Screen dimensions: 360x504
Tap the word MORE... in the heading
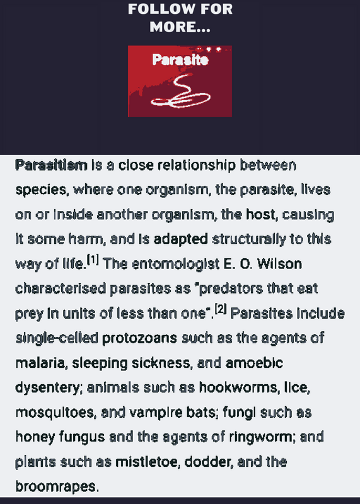(180, 26)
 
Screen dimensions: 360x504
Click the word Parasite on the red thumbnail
(180, 60)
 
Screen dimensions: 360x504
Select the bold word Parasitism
(51, 165)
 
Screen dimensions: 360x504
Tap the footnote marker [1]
(93, 260)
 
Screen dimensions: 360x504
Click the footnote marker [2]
(221, 309)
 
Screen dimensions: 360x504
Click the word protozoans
(139, 338)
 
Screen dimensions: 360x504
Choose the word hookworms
(239, 387)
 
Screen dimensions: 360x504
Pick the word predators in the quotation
(228, 289)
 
